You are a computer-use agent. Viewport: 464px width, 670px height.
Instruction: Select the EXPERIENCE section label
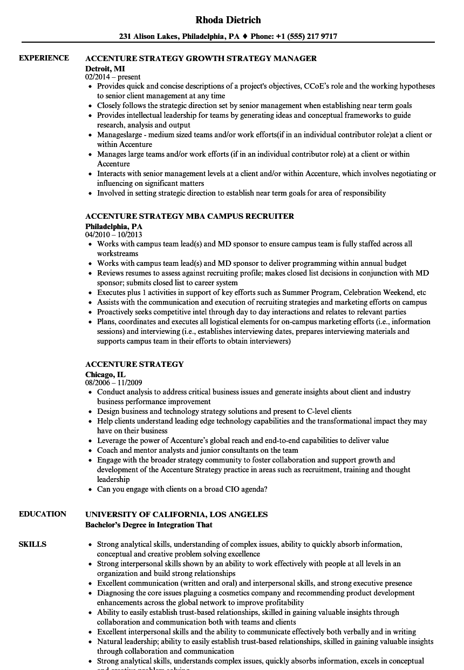tap(44, 58)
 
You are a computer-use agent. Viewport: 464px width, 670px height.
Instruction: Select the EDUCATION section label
tap(43, 514)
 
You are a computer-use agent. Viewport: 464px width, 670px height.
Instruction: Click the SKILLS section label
tap(32, 544)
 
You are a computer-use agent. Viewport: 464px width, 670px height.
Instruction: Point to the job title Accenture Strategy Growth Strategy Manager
tap(201, 58)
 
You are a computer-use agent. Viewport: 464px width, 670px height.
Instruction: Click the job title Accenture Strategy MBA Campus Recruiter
tap(189, 216)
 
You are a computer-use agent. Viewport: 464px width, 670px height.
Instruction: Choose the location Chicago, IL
tap(105, 374)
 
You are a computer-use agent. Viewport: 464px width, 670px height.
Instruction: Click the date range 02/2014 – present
tap(113, 77)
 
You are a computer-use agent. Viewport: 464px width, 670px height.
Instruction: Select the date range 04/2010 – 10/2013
tap(113, 235)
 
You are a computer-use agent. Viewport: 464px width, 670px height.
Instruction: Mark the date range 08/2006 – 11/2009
tap(113, 383)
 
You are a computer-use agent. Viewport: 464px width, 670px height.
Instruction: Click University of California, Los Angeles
tap(176, 514)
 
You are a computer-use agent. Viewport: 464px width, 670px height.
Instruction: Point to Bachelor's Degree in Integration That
tap(149, 525)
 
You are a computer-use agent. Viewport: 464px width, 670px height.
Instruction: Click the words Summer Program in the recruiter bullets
tap(311, 292)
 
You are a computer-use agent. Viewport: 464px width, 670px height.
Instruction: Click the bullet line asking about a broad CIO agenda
tap(182, 490)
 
